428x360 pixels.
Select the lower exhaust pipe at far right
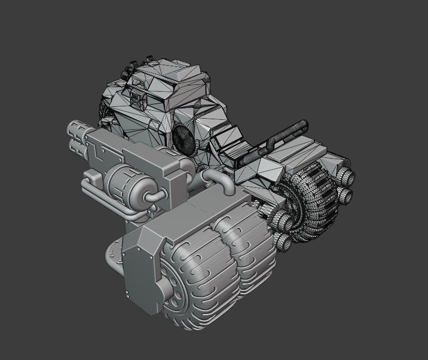pyautogui.click(x=344, y=195)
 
